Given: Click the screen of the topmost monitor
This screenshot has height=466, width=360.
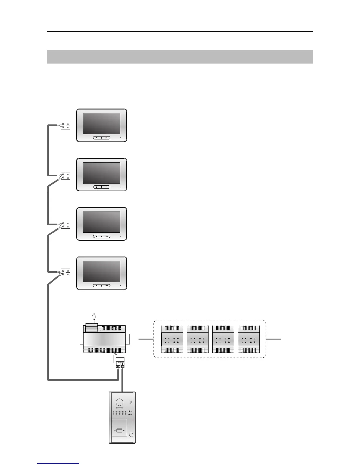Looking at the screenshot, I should (x=101, y=124).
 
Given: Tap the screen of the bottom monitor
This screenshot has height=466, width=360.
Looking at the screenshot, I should (x=101, y=272).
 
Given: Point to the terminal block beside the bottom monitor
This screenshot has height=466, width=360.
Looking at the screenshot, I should (x=65, y=273).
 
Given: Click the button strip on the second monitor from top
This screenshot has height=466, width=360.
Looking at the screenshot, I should (x=102, y=187).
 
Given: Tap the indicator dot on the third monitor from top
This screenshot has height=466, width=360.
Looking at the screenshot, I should (x=120, y=236).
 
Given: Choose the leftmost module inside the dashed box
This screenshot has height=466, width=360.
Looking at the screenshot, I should (x=172, y=339).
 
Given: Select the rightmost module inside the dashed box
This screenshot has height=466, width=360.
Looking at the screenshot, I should (x=249, y=339).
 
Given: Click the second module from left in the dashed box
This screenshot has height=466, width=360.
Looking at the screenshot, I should (x=198, y=339).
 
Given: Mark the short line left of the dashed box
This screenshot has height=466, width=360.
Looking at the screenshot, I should (x=146, y=339).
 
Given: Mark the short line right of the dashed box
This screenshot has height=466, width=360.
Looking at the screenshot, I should (x=274, y=339).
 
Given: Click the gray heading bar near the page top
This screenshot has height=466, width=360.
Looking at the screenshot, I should (x=180, y=57).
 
